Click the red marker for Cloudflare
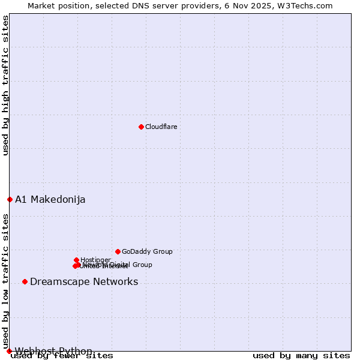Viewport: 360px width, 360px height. [x=141, y=127]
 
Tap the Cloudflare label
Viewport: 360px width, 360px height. [x=161, y=127]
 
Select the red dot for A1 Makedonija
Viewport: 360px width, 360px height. [x=10, y=199]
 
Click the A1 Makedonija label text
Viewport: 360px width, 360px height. [x=50, y=200]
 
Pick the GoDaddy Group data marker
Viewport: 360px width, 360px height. [x=118, y=251]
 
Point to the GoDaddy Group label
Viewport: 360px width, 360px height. [x=147, y=251]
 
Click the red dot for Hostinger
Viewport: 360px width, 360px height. [x=76, y=260]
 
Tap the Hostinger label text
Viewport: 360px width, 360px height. [x=96, y=260]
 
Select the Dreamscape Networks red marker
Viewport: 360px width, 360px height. [x=25, y=281]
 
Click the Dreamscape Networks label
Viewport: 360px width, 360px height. [x=84, y=282]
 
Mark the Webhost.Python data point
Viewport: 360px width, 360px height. [x=9, y=351]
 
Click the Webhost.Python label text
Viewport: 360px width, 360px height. [x=54, y=351]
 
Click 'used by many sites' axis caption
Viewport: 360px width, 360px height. [x=301, y=356]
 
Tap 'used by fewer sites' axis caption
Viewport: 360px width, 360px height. [x=62, y=356]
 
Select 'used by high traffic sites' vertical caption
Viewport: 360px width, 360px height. [x=6, y=86]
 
